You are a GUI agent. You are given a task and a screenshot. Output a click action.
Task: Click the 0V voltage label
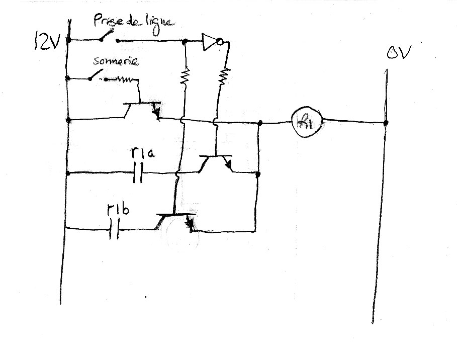[397, 53]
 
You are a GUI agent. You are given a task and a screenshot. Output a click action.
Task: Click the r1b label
[117, 209]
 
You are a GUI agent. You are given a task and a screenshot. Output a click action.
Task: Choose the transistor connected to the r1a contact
[216, 163]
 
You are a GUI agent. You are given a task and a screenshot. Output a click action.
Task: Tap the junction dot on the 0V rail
[386, 122]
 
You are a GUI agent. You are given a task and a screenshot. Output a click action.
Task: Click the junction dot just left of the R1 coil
[259, 123]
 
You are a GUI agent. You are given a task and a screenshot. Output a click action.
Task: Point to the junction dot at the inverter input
[186, 41]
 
